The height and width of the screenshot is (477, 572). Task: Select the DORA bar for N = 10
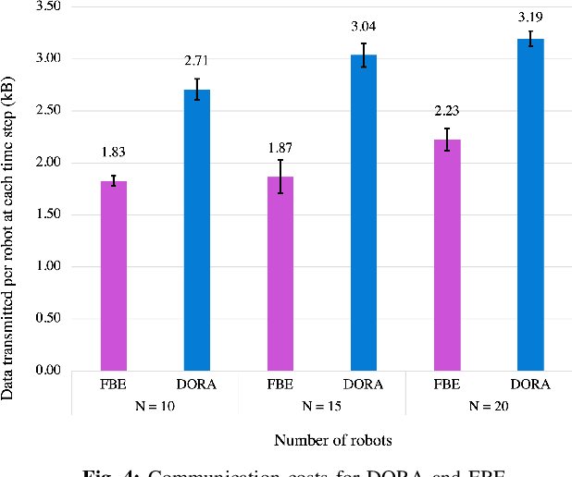[197, 230]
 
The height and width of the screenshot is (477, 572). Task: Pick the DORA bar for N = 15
[364, 213]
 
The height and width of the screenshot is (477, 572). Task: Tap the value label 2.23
[447, 112]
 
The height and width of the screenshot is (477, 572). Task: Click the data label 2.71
[197, 61]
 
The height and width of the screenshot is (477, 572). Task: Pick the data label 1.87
[280, 147]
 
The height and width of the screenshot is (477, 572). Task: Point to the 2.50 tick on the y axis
[46, 110]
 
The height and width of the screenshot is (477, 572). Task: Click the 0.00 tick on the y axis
[46, 371]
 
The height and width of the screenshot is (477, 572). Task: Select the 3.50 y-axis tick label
[46, 6]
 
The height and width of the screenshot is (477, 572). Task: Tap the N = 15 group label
[322, 404]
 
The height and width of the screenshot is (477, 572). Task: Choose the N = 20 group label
[489, 404]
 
